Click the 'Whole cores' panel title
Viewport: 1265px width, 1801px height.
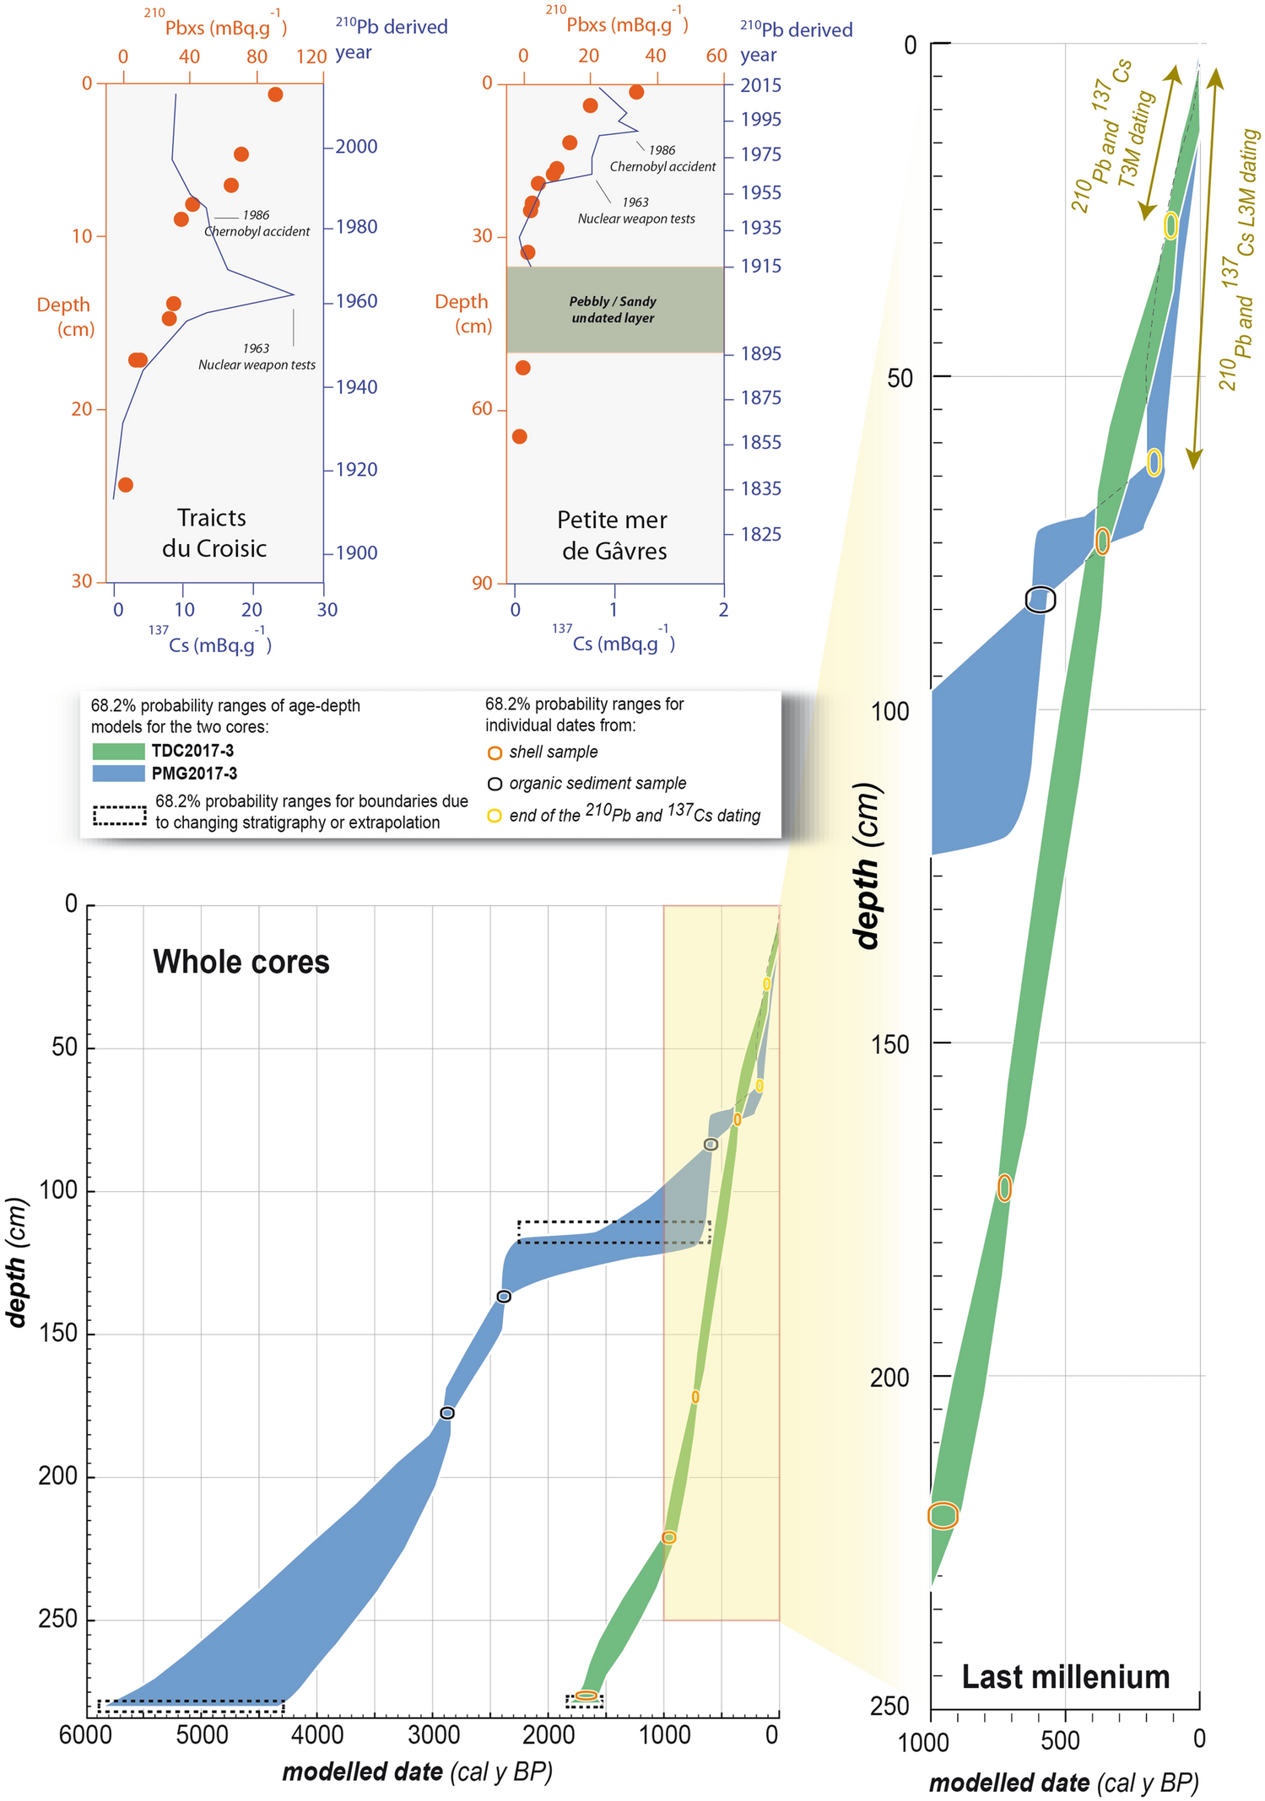[x=241, y=962]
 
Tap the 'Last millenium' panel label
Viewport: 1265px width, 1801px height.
[x=1065, y=1676]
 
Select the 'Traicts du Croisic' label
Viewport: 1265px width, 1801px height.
[x=214, y=532]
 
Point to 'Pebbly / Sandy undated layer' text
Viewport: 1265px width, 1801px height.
[x=613, y=310]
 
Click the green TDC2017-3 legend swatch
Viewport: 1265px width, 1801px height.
[x=118, y=751]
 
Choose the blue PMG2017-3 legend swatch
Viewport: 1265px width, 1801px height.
[x=118, y=773]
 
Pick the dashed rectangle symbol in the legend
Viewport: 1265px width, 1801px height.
[x=119, y=815]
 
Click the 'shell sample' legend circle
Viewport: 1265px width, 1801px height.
[x=495, y=752]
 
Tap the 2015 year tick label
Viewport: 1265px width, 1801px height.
[x=760, y=85]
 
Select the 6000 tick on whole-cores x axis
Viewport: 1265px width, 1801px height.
[x=84, y=1734]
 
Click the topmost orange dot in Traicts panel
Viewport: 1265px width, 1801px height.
[x=275, y=94]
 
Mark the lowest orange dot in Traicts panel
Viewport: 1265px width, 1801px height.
[x=125, y=484]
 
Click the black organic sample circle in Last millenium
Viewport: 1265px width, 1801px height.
[x=1041, y=599]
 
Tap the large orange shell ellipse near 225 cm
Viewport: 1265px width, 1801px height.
[x=943, y=1515]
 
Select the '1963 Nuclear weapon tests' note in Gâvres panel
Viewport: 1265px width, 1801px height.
[x=636, y=210]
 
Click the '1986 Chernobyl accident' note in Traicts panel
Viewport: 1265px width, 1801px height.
[x=257, y=224]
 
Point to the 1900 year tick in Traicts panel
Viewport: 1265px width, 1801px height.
[x=355, y=553]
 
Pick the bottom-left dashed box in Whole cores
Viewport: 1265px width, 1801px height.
[x=191, y=1706]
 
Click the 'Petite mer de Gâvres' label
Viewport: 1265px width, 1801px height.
[x=614, y=535]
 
